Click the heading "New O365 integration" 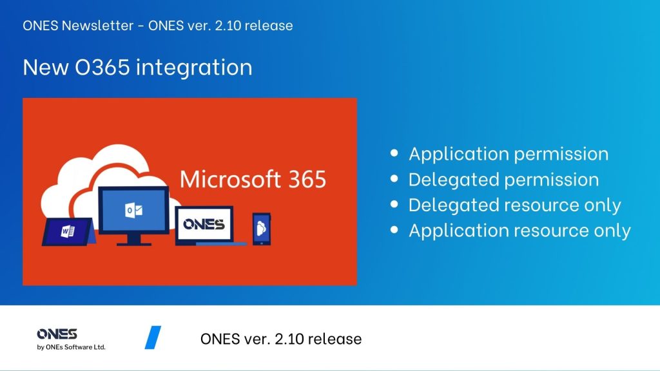pyautogui.click(x=138, y=68)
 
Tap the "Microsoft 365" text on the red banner pyautogui.click(x=253, y=179)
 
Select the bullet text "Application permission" pyautogui.click(x=509, y=155)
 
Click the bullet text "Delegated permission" pyautogui.click(x=504, y=180)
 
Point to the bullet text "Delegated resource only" pyautogui.click(x=515, y=205)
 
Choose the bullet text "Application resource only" pyautogui.click(x=520, y=231)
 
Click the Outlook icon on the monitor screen pyautogui.click(x=133, y=210)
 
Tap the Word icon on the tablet pyautogui.click(x=67, y=231)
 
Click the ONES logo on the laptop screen pyautogui.click(x=204, y=224)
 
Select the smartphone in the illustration pyautogui.click(x=262, y=229)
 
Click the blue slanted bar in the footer pyautogui.click(x=153, y=338)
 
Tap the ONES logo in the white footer pyautogui.click(x=57, y=334)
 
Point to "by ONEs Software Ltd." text pyautogui.click(x=71, y=347)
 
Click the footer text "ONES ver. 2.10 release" pyautogui.click(x=281, y=339)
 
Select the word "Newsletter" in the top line pyautogui.click(x=98, y=26)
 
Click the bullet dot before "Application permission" pyautogui.click(x=394, y=153)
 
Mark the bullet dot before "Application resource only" pyautogui.click(x=394, y=230)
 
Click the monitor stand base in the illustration pyautogui.click(x=134, y=243)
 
